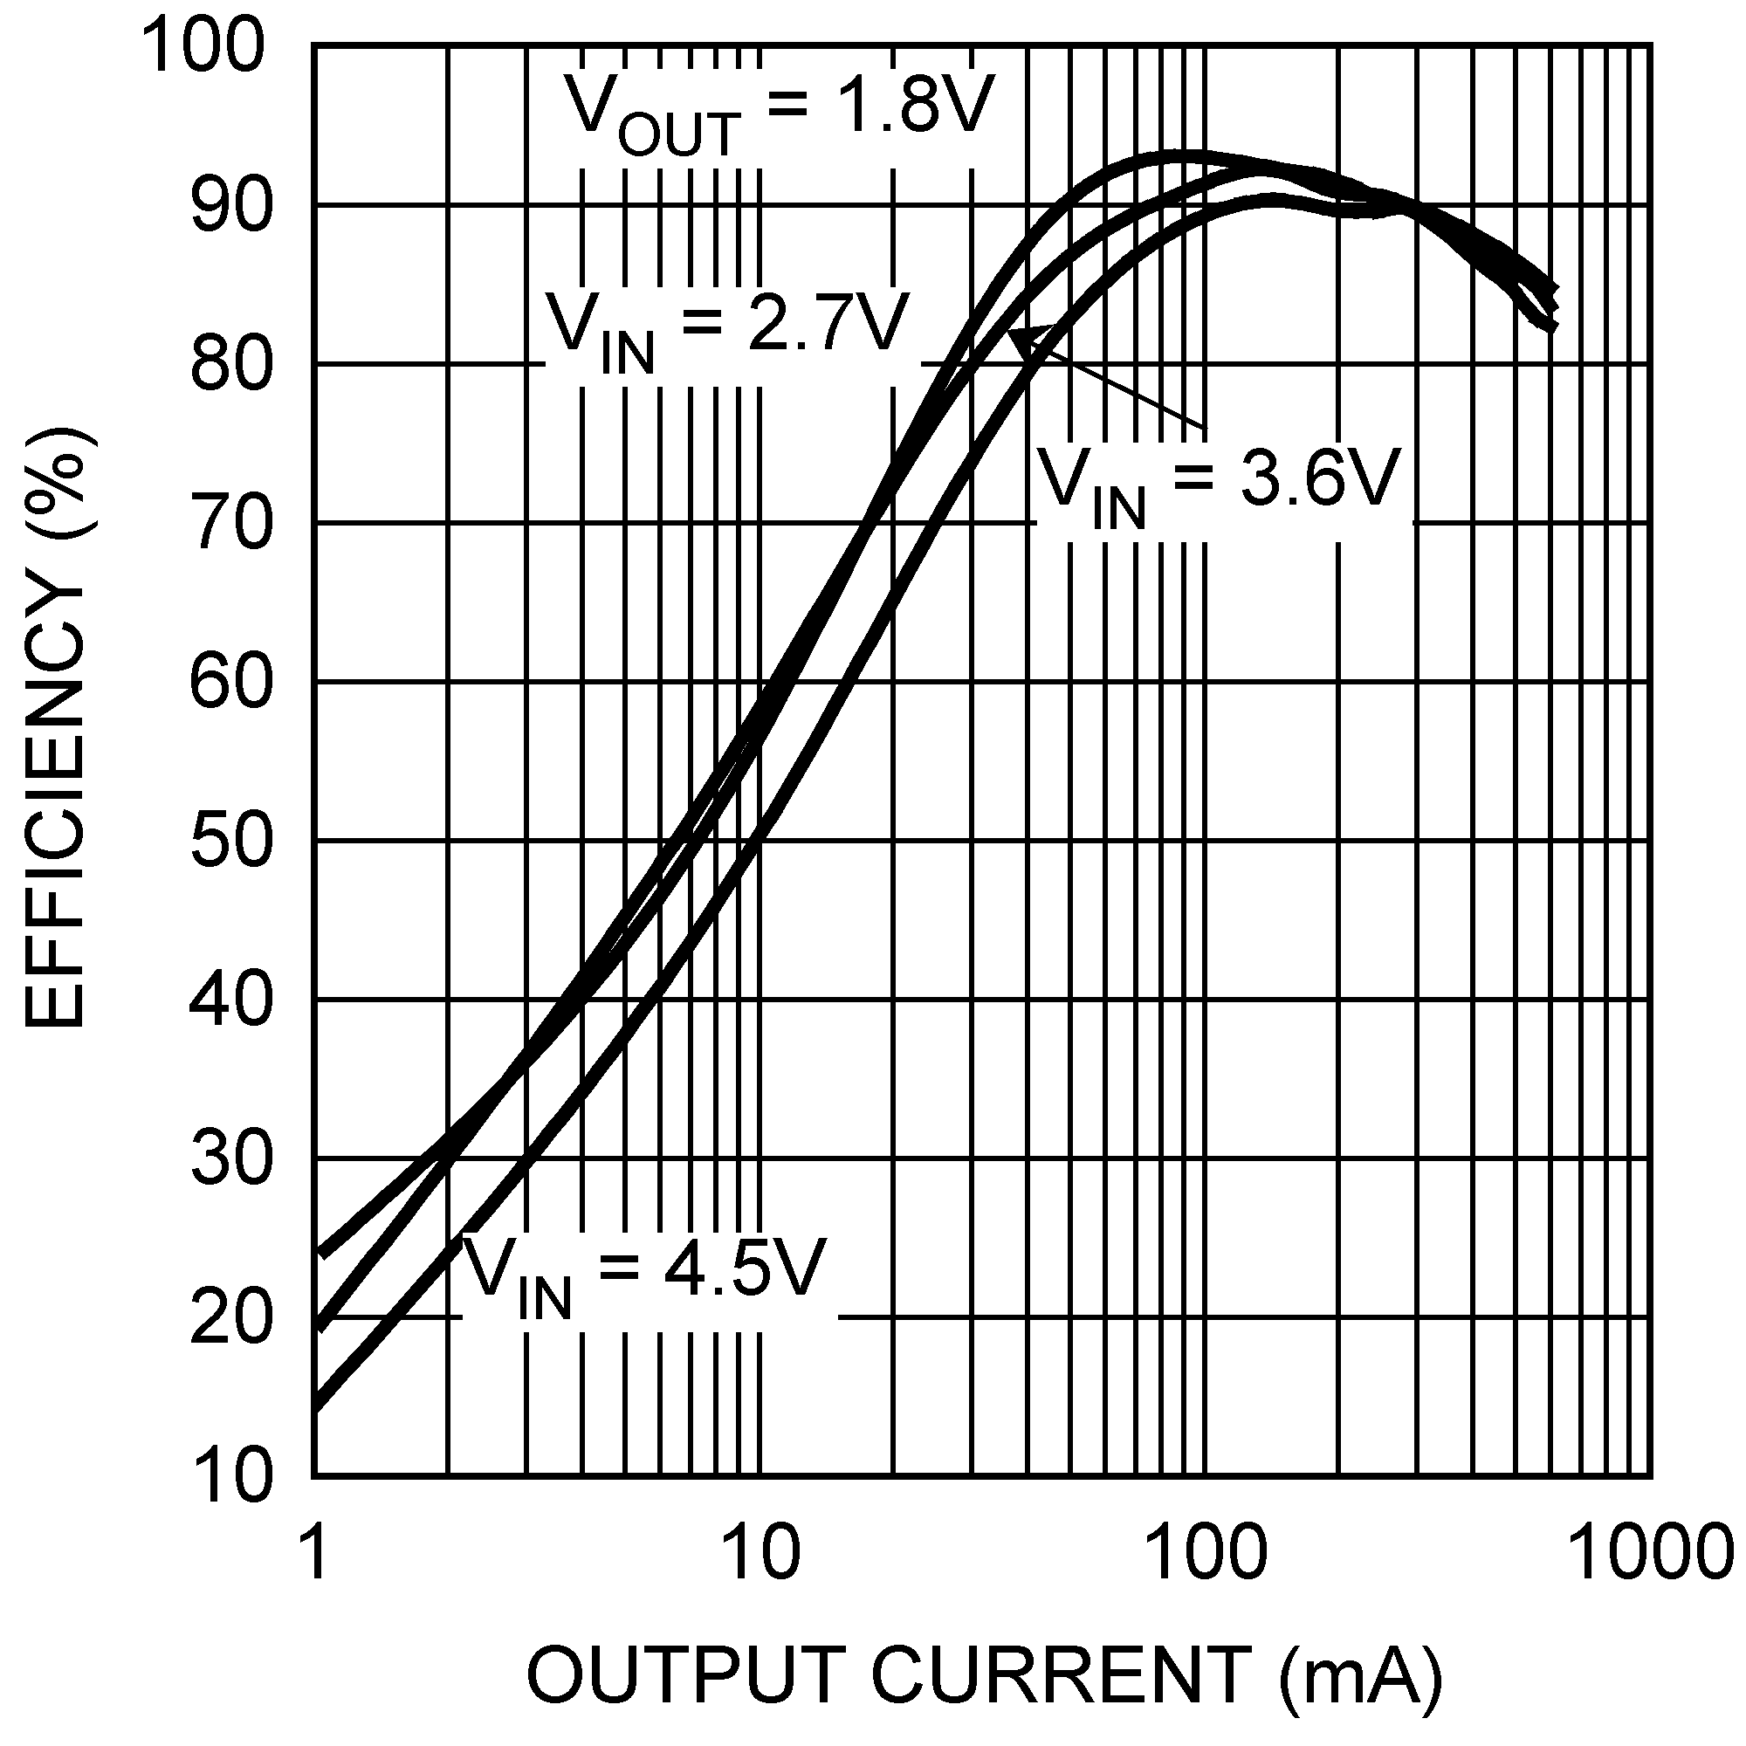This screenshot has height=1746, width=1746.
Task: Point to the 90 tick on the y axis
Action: pyautogui.click(x=230, y=206)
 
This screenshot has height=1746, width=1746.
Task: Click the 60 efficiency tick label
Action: pyautogui.click(x=230, y=683)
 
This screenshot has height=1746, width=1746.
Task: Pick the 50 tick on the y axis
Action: pyautogui.click(x=230, y=842)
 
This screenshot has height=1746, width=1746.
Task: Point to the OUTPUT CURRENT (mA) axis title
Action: pyautogui.click(x=983, y=1674)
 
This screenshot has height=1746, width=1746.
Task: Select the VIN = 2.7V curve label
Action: pyautogui.click(x=725, y=330)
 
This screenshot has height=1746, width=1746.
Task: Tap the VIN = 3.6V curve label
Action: pyautogui.click(x=1217, y=485)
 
